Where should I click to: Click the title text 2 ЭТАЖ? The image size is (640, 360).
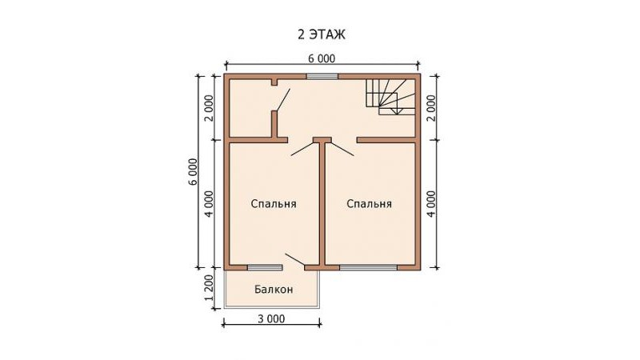(x=322, y=34)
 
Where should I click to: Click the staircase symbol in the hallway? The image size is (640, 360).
(x=390, y=97)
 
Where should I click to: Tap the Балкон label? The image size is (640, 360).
(x=274, y=290)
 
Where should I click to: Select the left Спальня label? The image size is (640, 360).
(x=274, y=204)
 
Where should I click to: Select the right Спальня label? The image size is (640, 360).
(x=369, y=204)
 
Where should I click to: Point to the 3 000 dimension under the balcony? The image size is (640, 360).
(x=271, y=318)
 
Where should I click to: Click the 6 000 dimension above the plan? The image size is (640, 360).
(x=322, y=58)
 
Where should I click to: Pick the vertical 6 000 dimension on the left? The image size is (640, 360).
(x=193, y=171)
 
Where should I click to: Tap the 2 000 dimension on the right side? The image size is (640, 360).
(x=431, y=108)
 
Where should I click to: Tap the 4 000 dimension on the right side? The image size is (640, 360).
(x=431, y=204)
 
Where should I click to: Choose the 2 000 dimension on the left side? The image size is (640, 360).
(x=209, y=108)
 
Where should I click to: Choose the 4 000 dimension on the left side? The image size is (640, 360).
(x=209, y=204)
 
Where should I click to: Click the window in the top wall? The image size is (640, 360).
(x=322, y=76)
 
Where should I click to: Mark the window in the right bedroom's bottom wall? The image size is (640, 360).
(x=369, y=268)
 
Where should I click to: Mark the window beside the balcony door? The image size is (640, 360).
(x=265, y=268)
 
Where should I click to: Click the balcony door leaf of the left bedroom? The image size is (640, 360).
(x=294, y=259)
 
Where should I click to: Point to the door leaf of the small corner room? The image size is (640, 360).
(x=283, y=99)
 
